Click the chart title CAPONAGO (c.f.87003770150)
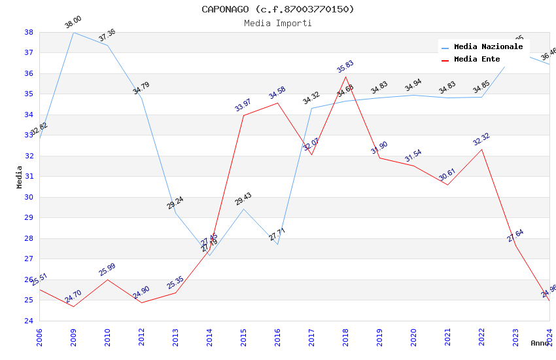tap(278, 9)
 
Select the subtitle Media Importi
tap(278, 24)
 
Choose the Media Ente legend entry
tap(478, 60)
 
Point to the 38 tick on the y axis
tap(29, 32)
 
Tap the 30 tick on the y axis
tap(29, 197)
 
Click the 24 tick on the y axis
tap(29, 321)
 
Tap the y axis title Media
tap(20, 177)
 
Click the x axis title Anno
tap(540, 343)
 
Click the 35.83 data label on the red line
tap(345, 66)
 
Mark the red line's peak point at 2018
tap(345, 77)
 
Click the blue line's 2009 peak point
tap(73, 32)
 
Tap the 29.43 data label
tap(243, 199)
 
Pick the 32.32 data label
tap(481, 139)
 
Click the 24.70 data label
tap(73, 297)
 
